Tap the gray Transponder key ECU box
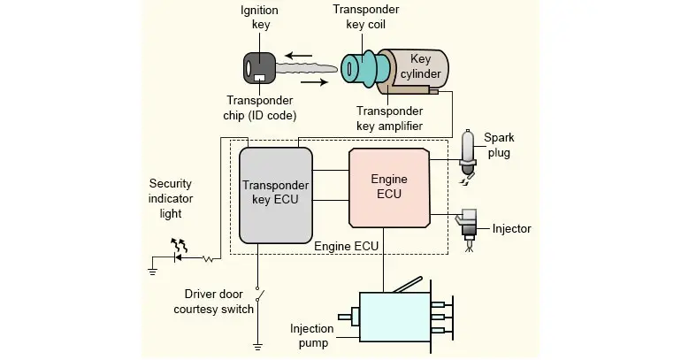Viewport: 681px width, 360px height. (x=276, y=195)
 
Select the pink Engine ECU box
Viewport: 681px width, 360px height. (x=388, y=187)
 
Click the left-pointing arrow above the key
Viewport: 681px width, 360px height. (x=298, y=55)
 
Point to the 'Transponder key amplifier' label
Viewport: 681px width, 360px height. (x=389, y=119)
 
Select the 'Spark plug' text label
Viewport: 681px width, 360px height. (x=499, y=145)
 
